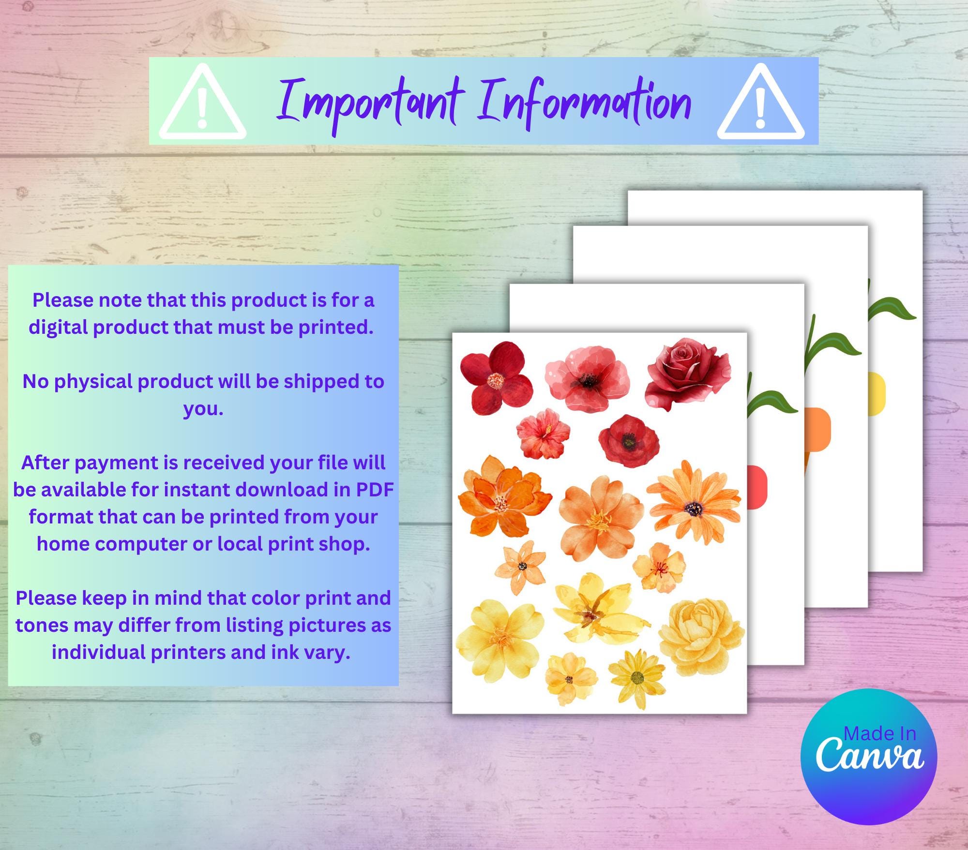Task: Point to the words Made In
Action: [x=880, y=734]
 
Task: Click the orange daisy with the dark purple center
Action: [x=694, y=503]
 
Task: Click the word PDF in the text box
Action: [x=375, y=490]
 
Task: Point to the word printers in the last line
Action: [x=188, y=652]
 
